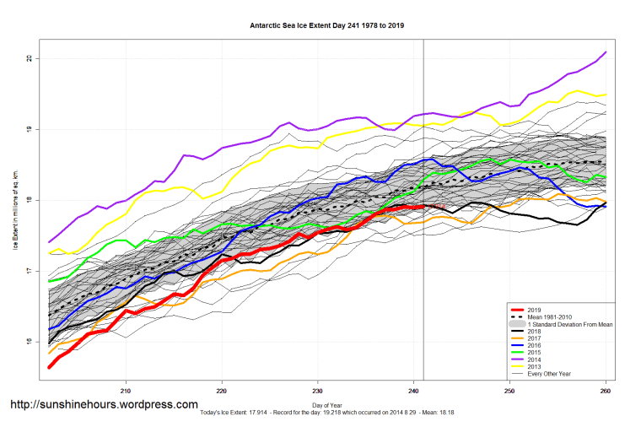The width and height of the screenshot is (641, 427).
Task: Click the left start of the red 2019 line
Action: pos(50,367)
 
